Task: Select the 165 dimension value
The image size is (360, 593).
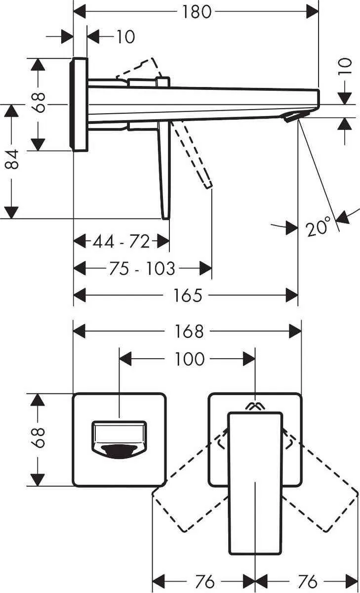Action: pyautogui.click(x=188, y=296)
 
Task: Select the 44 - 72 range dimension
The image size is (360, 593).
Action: pyautogui.click(x=121, y=242)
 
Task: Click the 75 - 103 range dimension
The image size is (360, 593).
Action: pyautogui.click(x=141, y=268)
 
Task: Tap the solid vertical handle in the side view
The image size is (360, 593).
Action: pyautogui.click(x=164, y=173)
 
